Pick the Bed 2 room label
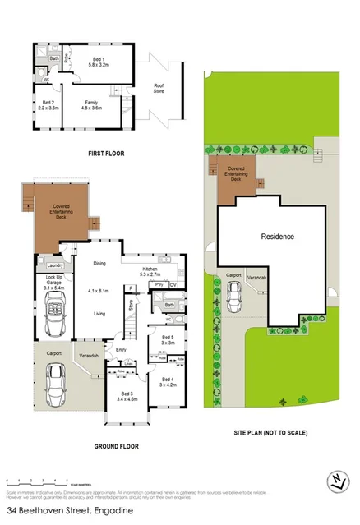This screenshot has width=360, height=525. coord(47,104)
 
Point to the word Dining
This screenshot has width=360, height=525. coord(99,264)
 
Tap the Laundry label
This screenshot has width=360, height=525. coord(55,265)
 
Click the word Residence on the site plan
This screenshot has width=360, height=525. coord(277,237)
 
